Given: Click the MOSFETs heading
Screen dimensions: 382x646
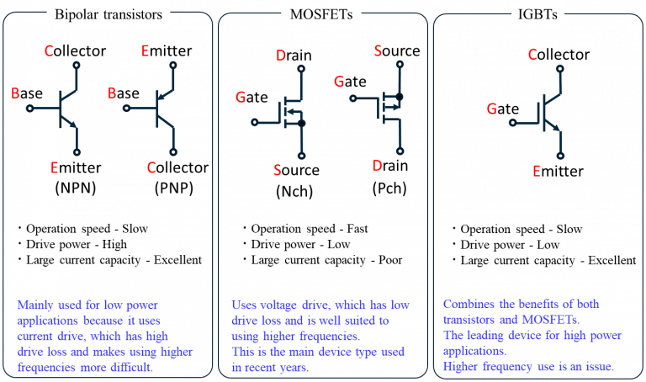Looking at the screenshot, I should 322,14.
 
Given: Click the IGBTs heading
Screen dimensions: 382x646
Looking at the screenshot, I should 537,14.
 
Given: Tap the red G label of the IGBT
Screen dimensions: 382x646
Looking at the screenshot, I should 492,108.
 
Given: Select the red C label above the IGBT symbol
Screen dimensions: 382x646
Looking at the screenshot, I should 532,55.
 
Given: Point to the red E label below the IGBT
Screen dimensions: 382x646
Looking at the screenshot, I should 536,171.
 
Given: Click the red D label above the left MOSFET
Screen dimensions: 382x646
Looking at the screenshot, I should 281,56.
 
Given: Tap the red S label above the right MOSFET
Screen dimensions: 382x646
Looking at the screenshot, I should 378,51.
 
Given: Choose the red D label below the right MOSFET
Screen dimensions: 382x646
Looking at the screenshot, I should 377,166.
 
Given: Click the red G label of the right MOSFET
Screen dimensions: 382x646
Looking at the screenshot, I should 339,82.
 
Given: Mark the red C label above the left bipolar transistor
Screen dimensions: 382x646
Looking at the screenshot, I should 49,51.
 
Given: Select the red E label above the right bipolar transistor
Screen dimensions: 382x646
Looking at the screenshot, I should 145,51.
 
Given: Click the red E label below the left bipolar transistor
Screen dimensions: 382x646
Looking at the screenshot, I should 54,167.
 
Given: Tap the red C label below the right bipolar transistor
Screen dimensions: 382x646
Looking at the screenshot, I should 151,167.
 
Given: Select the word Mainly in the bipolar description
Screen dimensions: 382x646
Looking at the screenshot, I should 34,304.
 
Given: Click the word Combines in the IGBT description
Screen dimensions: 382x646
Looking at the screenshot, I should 468,304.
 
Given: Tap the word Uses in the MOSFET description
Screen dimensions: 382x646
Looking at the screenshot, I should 243,304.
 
